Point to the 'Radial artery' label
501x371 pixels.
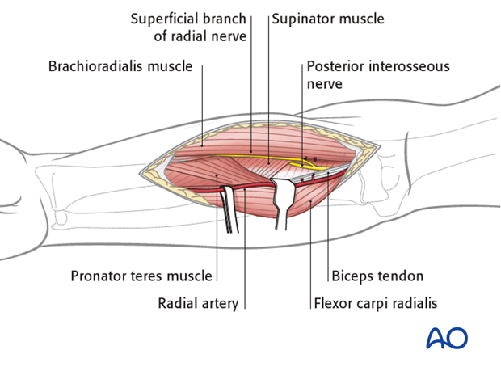click(x=198, y=304)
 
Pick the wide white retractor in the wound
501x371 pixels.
click(x=287, y=202)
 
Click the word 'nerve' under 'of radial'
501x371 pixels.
click(x=228, y=36)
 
